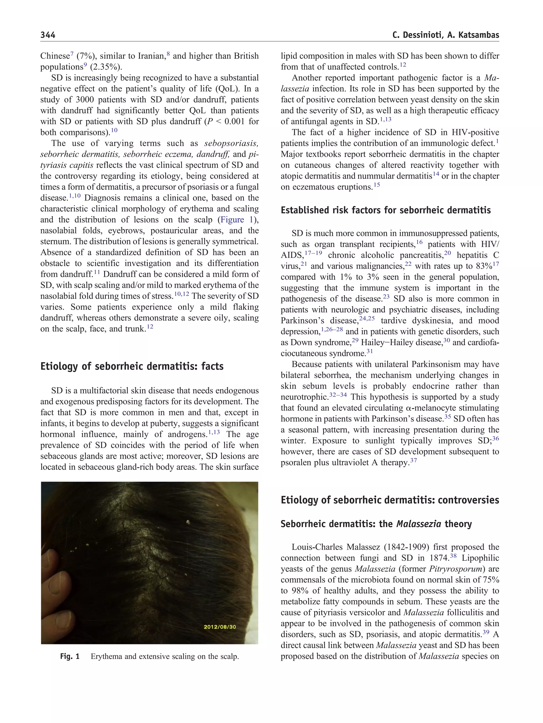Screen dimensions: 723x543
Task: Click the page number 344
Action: [x=48, y=35]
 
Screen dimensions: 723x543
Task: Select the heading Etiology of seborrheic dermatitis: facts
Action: [x=132, y=366]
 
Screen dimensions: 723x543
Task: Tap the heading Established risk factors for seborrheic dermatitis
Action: [x=386, y=210]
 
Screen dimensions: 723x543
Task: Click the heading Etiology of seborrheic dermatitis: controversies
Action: [x=389, y=500]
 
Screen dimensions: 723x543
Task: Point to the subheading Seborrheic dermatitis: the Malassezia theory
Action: [x=376, y=524]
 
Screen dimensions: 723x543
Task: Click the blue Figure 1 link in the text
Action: [x=237, y=220]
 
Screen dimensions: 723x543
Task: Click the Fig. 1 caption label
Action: [x=70, y=656]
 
